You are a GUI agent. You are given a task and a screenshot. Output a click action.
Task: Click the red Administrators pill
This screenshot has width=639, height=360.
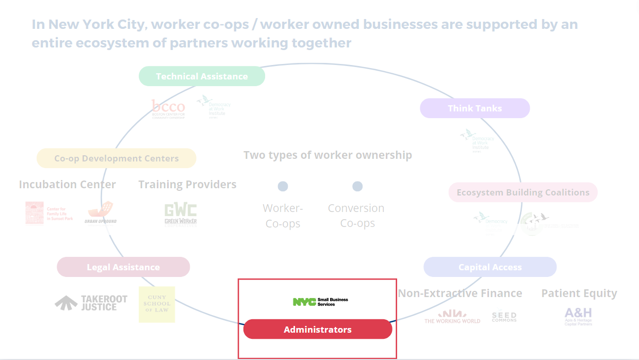click(318, 330)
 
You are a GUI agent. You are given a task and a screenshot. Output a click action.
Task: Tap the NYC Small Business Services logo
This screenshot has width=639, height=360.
click(320, 302)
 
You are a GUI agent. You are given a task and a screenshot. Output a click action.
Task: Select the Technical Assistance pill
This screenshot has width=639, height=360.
click(202, 76)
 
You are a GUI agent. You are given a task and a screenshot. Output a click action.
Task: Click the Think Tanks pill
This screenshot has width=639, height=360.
click(474, 108)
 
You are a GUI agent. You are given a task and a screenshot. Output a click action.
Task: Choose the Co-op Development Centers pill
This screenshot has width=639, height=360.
click(117, 158)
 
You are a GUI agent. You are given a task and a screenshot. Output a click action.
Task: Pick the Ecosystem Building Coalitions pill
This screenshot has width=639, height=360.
click(522, 192)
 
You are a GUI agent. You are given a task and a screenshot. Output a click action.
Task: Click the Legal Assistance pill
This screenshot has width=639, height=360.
click(123, 267)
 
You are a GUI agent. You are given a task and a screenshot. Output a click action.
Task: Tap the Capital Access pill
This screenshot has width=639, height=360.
click(490, 267)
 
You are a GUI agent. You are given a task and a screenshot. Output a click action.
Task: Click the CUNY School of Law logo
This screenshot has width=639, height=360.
click(157, 304)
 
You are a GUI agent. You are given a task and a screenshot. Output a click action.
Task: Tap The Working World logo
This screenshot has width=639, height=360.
click(452, 317)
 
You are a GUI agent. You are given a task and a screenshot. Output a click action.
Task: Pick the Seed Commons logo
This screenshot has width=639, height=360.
click(504, 316)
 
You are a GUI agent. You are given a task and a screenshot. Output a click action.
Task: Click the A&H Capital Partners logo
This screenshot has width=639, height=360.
click(578, 316)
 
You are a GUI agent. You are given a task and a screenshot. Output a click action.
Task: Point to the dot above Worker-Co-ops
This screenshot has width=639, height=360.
click(283, 186)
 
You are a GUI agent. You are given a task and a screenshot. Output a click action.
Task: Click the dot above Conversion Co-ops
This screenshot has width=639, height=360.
click(357, 186)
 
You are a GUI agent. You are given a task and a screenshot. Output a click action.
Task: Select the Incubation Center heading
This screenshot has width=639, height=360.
click(68, 185)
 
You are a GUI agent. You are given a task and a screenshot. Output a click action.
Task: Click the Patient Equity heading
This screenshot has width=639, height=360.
click(579, 293)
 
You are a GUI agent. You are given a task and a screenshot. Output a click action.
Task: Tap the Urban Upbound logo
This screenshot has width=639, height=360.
click(101, 213)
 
